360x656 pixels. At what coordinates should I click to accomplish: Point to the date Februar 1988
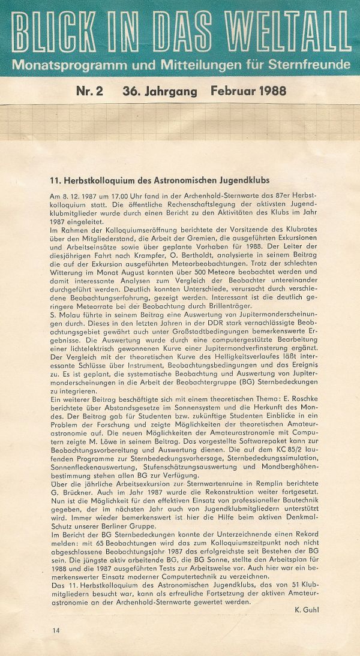click(x=248, y=92)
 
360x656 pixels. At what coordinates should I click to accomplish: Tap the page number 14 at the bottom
click(x=56, y=630)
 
